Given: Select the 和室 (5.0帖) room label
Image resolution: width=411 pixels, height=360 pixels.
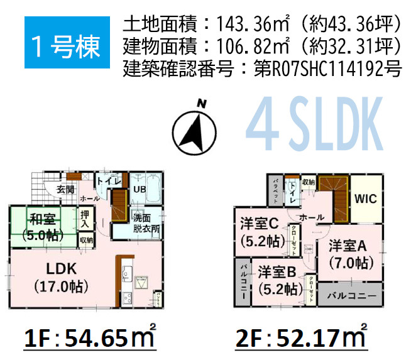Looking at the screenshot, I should (43, 227).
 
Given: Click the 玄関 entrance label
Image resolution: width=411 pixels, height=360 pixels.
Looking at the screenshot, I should (65, 188).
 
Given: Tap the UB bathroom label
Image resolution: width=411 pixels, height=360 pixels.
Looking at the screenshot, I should (140, 188).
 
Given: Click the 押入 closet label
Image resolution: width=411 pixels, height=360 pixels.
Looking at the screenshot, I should (85, 219).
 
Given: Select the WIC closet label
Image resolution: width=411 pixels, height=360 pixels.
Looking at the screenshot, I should (364, 199).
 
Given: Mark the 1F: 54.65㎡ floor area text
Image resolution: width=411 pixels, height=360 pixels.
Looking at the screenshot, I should (89, 339).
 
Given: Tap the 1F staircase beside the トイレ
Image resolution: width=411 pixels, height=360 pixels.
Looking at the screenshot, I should (119, 205).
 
